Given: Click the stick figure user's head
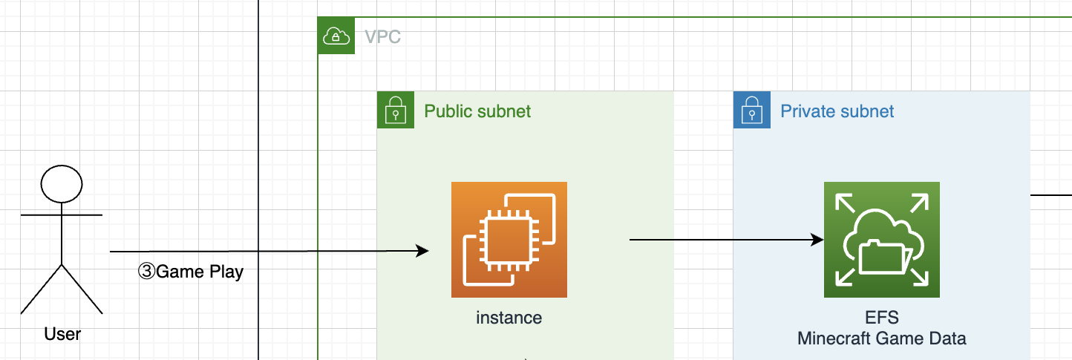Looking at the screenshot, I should [x=62, y=184].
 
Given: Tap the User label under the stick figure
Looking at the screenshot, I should [x=62, y=334].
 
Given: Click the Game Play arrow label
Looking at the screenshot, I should [x=192, y=272].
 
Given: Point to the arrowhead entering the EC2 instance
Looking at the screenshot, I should [x=423, y=251].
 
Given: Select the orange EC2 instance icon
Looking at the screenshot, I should [x=509, y=240].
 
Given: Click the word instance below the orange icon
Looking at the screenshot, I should [x=509, y=318].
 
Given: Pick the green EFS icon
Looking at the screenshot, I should [x=882, y=240].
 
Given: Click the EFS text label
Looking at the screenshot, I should [x=882, y=318].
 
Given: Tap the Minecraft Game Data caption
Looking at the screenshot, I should [x=882, y=339].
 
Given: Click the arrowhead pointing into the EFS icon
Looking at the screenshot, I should [x=817, y=240].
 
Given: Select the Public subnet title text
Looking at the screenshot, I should [x=477, y=111].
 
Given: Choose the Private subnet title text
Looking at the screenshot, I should [x=837, y=111].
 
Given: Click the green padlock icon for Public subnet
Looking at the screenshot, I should [x=395, y=110].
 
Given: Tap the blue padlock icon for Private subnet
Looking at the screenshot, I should [x=751, y=110].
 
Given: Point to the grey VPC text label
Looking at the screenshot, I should [x=383, y=36].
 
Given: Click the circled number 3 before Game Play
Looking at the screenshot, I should [x=146, y=272].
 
